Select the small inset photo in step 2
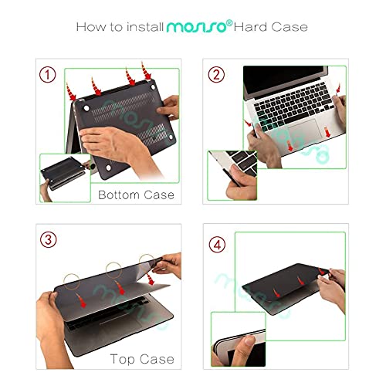[235, 176]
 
